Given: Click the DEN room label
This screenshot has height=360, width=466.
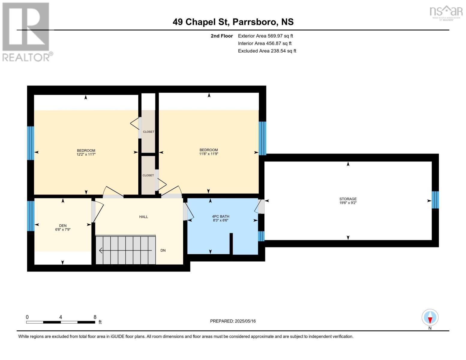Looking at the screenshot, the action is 63,226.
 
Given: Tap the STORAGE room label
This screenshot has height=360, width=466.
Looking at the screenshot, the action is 348,199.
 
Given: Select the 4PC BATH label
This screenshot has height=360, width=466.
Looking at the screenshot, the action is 221,217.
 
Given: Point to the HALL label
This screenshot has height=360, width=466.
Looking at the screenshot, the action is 143,217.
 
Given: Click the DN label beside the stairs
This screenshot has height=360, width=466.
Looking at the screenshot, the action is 163,250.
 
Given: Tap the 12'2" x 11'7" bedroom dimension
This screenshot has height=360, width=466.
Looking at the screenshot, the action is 86,154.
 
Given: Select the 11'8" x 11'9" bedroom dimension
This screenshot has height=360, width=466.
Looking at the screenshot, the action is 209,154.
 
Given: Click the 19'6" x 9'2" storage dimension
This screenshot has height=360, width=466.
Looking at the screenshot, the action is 348,202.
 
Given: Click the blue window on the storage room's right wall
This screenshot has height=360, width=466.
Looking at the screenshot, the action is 435,200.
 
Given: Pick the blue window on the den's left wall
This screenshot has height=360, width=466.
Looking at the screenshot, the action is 31,216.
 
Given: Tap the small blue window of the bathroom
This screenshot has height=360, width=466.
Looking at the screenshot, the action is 261,236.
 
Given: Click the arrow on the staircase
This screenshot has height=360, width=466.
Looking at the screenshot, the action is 125,250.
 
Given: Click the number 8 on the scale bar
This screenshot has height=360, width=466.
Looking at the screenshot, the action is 95,317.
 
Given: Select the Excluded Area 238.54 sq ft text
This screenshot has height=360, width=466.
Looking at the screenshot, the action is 267,51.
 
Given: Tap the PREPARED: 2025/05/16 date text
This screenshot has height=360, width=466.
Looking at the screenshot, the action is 233,321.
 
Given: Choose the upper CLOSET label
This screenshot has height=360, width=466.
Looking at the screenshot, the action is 149,132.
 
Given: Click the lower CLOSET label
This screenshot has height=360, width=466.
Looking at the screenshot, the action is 148,175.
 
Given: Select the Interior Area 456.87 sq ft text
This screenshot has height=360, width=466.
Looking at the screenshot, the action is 265,43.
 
